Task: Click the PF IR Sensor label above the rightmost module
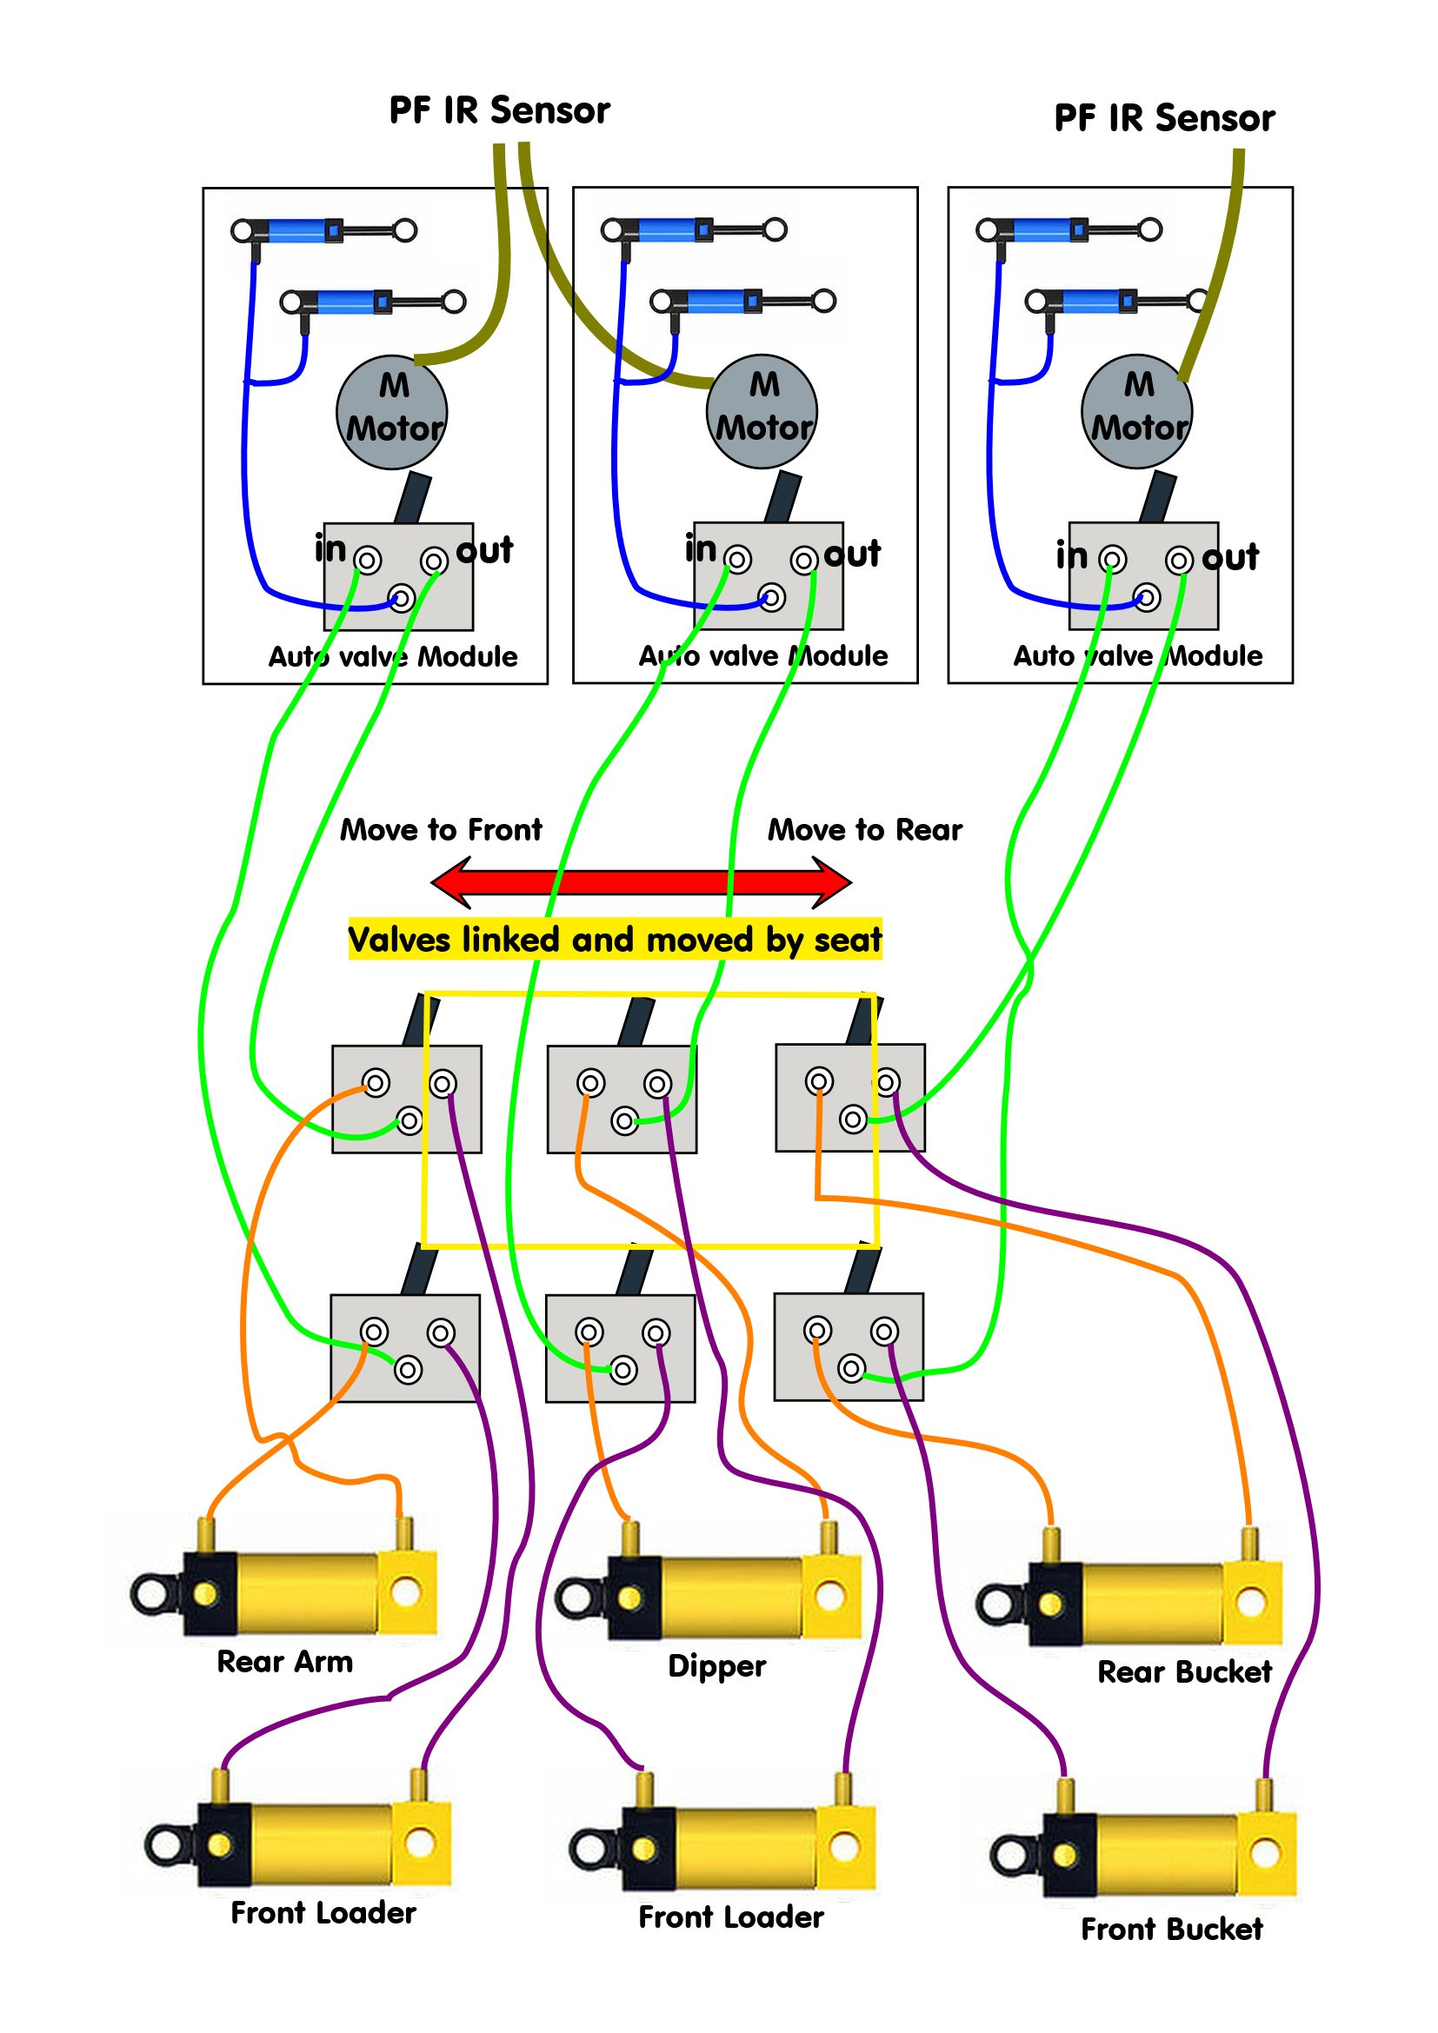(1163, 117)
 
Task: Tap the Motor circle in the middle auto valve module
(762, 412)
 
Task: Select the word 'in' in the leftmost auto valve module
(330, 549)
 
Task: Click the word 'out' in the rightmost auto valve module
(1230, 557)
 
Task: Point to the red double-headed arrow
(641, 882)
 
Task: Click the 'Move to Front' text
(441, 830)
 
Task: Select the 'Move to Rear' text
(864, 830)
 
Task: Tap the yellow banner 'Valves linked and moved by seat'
(615, 940)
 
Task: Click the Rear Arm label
(284, 1662)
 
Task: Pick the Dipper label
(716, 1665)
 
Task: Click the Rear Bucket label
(1184, 1671)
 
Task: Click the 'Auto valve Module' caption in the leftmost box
(392, 657)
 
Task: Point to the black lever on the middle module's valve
(782, 498)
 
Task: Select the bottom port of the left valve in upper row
(409, 1122)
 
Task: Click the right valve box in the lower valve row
(848, 1348)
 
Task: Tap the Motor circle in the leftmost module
(391, 413)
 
